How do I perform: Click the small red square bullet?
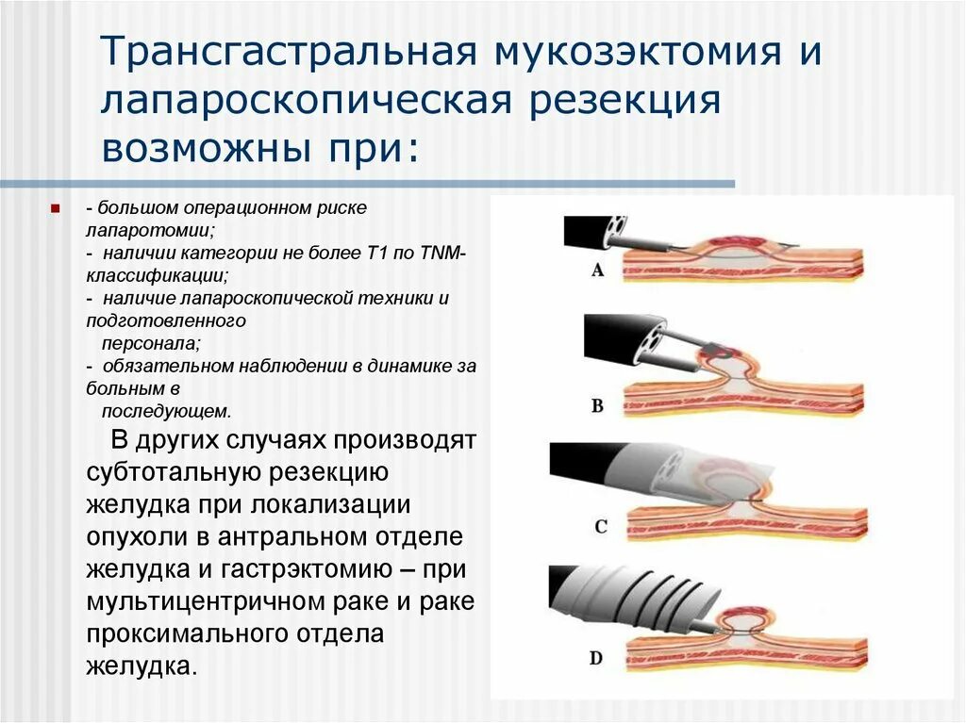coord(56,205)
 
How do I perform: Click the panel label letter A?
coord(597,271)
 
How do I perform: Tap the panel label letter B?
coord(597,407)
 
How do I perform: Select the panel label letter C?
coord(600,527)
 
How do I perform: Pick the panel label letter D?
coord(596,657)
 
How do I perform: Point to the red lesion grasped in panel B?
coord(714,353)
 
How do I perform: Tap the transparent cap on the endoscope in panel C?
coord(684,475)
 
